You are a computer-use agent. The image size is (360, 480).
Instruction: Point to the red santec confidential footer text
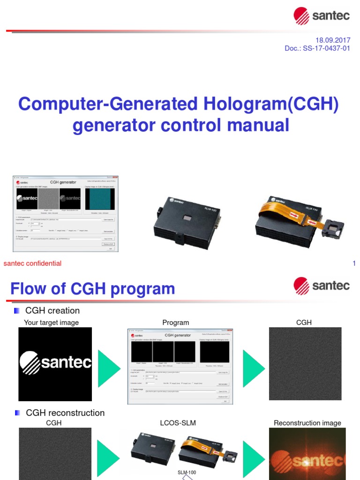click(32, 263)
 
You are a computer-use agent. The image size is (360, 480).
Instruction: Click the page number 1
click(354, 263)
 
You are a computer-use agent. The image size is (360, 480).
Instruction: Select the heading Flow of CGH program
click(92, 289)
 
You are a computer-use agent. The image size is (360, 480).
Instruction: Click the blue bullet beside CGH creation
click(17, 310)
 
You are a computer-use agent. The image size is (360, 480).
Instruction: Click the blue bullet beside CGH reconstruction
click(17, 412)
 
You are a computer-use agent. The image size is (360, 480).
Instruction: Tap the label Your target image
click(51, 322)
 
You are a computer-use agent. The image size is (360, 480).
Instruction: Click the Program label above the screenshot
click(175, 322)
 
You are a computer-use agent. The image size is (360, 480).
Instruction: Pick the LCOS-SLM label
click(178, 423)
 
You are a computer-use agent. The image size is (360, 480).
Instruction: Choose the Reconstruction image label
click(307, 423)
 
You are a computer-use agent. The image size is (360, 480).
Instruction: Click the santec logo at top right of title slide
click(321, 16)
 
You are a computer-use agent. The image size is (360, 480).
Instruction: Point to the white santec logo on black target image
click(55, 363)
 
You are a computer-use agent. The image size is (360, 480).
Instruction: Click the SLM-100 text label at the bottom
click(187, 472)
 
